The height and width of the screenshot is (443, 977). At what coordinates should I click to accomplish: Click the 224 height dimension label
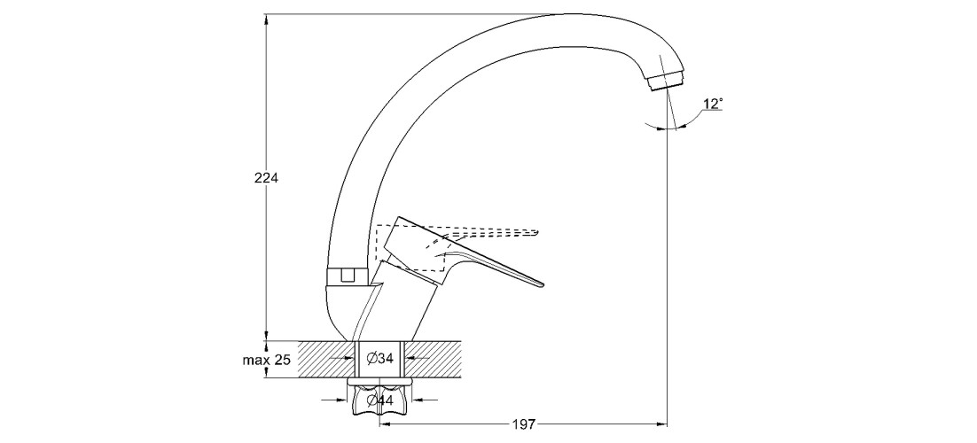267,178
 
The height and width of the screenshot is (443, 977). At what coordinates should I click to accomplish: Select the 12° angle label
713,104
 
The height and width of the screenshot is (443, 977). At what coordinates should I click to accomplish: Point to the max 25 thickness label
265,360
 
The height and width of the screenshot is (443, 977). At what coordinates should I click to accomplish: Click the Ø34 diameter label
380,359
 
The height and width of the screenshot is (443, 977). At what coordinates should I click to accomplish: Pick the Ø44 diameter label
380,401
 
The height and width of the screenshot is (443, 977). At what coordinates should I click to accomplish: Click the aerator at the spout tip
666,82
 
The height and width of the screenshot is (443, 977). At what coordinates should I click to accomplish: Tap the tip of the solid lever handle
540,284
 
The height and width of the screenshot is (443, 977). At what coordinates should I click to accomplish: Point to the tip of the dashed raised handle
536,234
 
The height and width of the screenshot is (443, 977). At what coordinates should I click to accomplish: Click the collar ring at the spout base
348,276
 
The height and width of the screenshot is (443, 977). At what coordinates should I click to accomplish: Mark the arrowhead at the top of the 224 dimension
266,19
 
